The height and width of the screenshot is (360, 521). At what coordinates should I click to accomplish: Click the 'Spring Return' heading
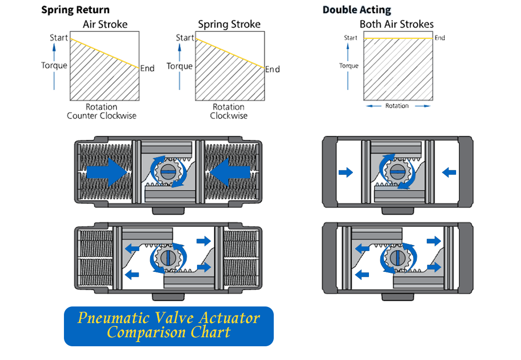75,10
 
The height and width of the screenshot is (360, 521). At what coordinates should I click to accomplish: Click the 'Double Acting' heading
357,10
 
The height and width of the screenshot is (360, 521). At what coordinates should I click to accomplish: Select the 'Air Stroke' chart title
105,24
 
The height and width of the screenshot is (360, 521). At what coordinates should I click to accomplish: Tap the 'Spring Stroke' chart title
229,24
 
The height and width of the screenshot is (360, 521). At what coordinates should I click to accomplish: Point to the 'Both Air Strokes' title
396,24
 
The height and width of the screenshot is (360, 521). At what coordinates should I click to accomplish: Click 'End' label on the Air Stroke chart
147,69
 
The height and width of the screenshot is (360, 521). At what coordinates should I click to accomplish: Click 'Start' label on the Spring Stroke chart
185,37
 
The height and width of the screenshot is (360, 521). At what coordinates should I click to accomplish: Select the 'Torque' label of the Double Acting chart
349,66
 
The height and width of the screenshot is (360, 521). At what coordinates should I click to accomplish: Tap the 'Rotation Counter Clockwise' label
102,111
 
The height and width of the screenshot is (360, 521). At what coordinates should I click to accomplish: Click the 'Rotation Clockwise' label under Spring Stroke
229,111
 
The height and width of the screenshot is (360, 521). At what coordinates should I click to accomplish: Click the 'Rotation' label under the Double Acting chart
397,106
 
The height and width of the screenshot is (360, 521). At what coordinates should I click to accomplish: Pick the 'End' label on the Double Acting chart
440,38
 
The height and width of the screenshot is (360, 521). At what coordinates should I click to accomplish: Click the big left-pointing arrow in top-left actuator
229,171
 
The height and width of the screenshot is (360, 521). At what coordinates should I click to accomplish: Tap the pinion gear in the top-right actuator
397,171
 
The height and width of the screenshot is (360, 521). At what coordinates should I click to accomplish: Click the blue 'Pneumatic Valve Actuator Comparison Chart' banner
169,326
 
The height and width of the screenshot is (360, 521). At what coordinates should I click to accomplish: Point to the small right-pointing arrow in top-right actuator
346,172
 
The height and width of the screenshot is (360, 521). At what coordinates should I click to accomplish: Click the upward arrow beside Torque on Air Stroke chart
54,51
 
